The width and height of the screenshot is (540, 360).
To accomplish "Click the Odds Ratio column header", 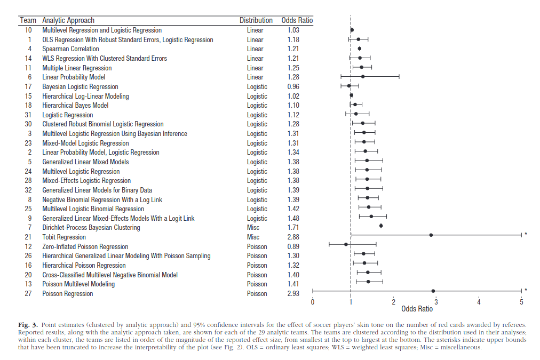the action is (297, 20).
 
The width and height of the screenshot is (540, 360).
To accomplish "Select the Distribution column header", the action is (256, 20).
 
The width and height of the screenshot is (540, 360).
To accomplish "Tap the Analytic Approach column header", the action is (68, 20).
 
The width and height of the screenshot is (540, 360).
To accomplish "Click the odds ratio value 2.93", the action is (293, 293).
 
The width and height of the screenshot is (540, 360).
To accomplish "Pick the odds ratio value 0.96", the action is (293, 87).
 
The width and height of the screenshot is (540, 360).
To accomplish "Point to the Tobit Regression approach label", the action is (64, 237).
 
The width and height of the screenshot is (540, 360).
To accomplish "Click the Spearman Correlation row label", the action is (70, 49).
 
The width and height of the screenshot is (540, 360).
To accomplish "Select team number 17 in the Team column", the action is (28, 87).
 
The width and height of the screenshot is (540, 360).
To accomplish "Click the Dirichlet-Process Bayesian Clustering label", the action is (91, 228).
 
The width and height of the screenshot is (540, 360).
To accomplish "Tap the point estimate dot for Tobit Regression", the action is (431, 235).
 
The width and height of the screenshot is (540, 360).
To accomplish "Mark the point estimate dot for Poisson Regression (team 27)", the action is (433, 291).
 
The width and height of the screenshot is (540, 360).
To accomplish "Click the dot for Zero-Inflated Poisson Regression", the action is (346, 244).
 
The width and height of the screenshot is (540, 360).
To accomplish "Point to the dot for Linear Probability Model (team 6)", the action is (363, 76).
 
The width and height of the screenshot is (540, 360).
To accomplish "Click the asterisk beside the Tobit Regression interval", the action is (526, 234).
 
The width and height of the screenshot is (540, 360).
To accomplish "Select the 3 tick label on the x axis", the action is (436, 302).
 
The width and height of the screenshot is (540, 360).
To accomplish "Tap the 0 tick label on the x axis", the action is (312, 302).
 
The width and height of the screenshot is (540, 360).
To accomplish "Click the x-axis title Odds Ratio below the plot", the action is (417, 309).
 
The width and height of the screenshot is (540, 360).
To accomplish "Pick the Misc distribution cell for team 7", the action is (253, 228).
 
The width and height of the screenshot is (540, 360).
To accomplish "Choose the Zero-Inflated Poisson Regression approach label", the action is (85, 247).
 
